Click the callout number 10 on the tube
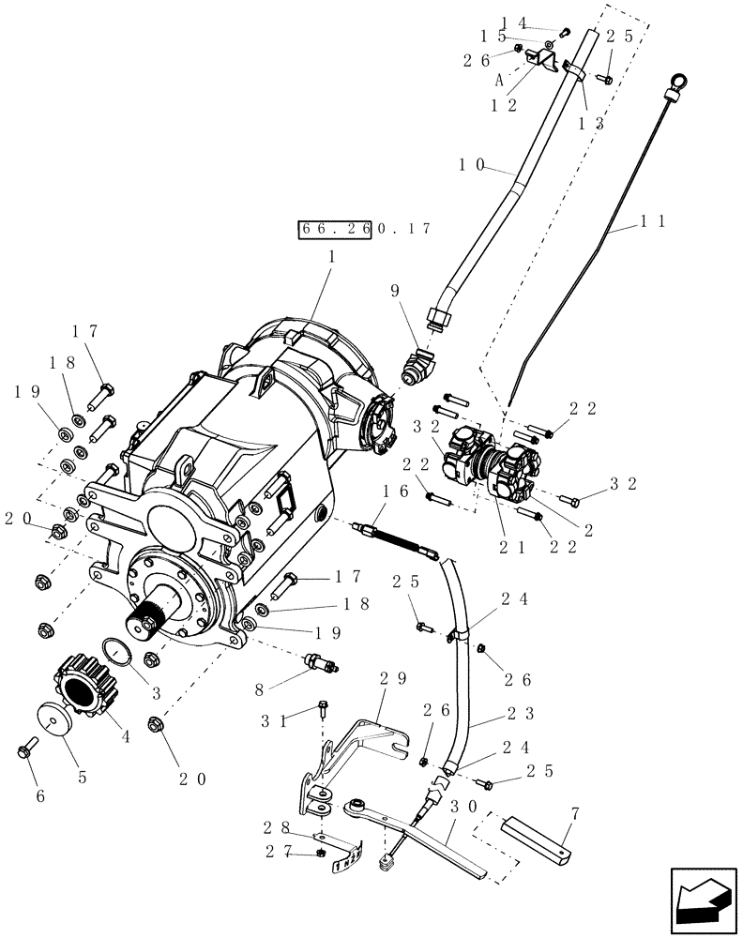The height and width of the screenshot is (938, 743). coord(471,165)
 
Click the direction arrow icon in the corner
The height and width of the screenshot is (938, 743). coord(702,900)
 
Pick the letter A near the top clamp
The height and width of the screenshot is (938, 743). coord(500,82)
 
